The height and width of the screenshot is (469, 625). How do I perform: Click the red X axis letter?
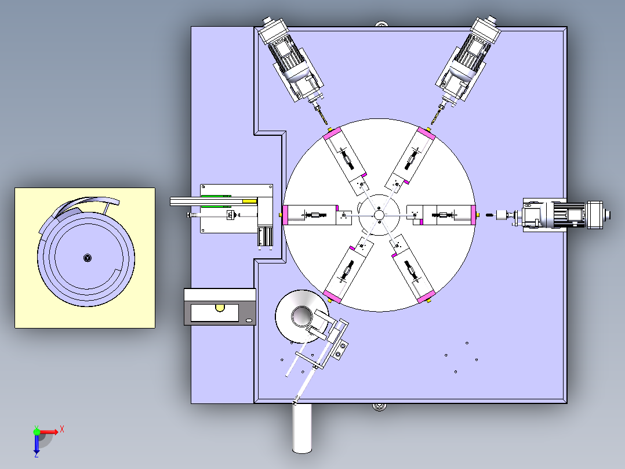coord(62,430)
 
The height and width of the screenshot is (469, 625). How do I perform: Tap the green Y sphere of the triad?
coord(37,432)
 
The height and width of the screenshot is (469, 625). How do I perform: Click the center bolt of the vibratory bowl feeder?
coord(88,258)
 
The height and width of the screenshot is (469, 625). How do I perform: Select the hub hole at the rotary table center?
coord(379,215)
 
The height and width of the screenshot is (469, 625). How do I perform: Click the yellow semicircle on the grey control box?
coord(220,308)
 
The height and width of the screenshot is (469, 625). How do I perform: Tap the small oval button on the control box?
coord(249,320)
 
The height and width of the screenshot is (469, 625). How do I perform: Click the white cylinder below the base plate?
coord(301,428)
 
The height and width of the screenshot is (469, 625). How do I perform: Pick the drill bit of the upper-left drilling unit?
coord(322,116)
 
